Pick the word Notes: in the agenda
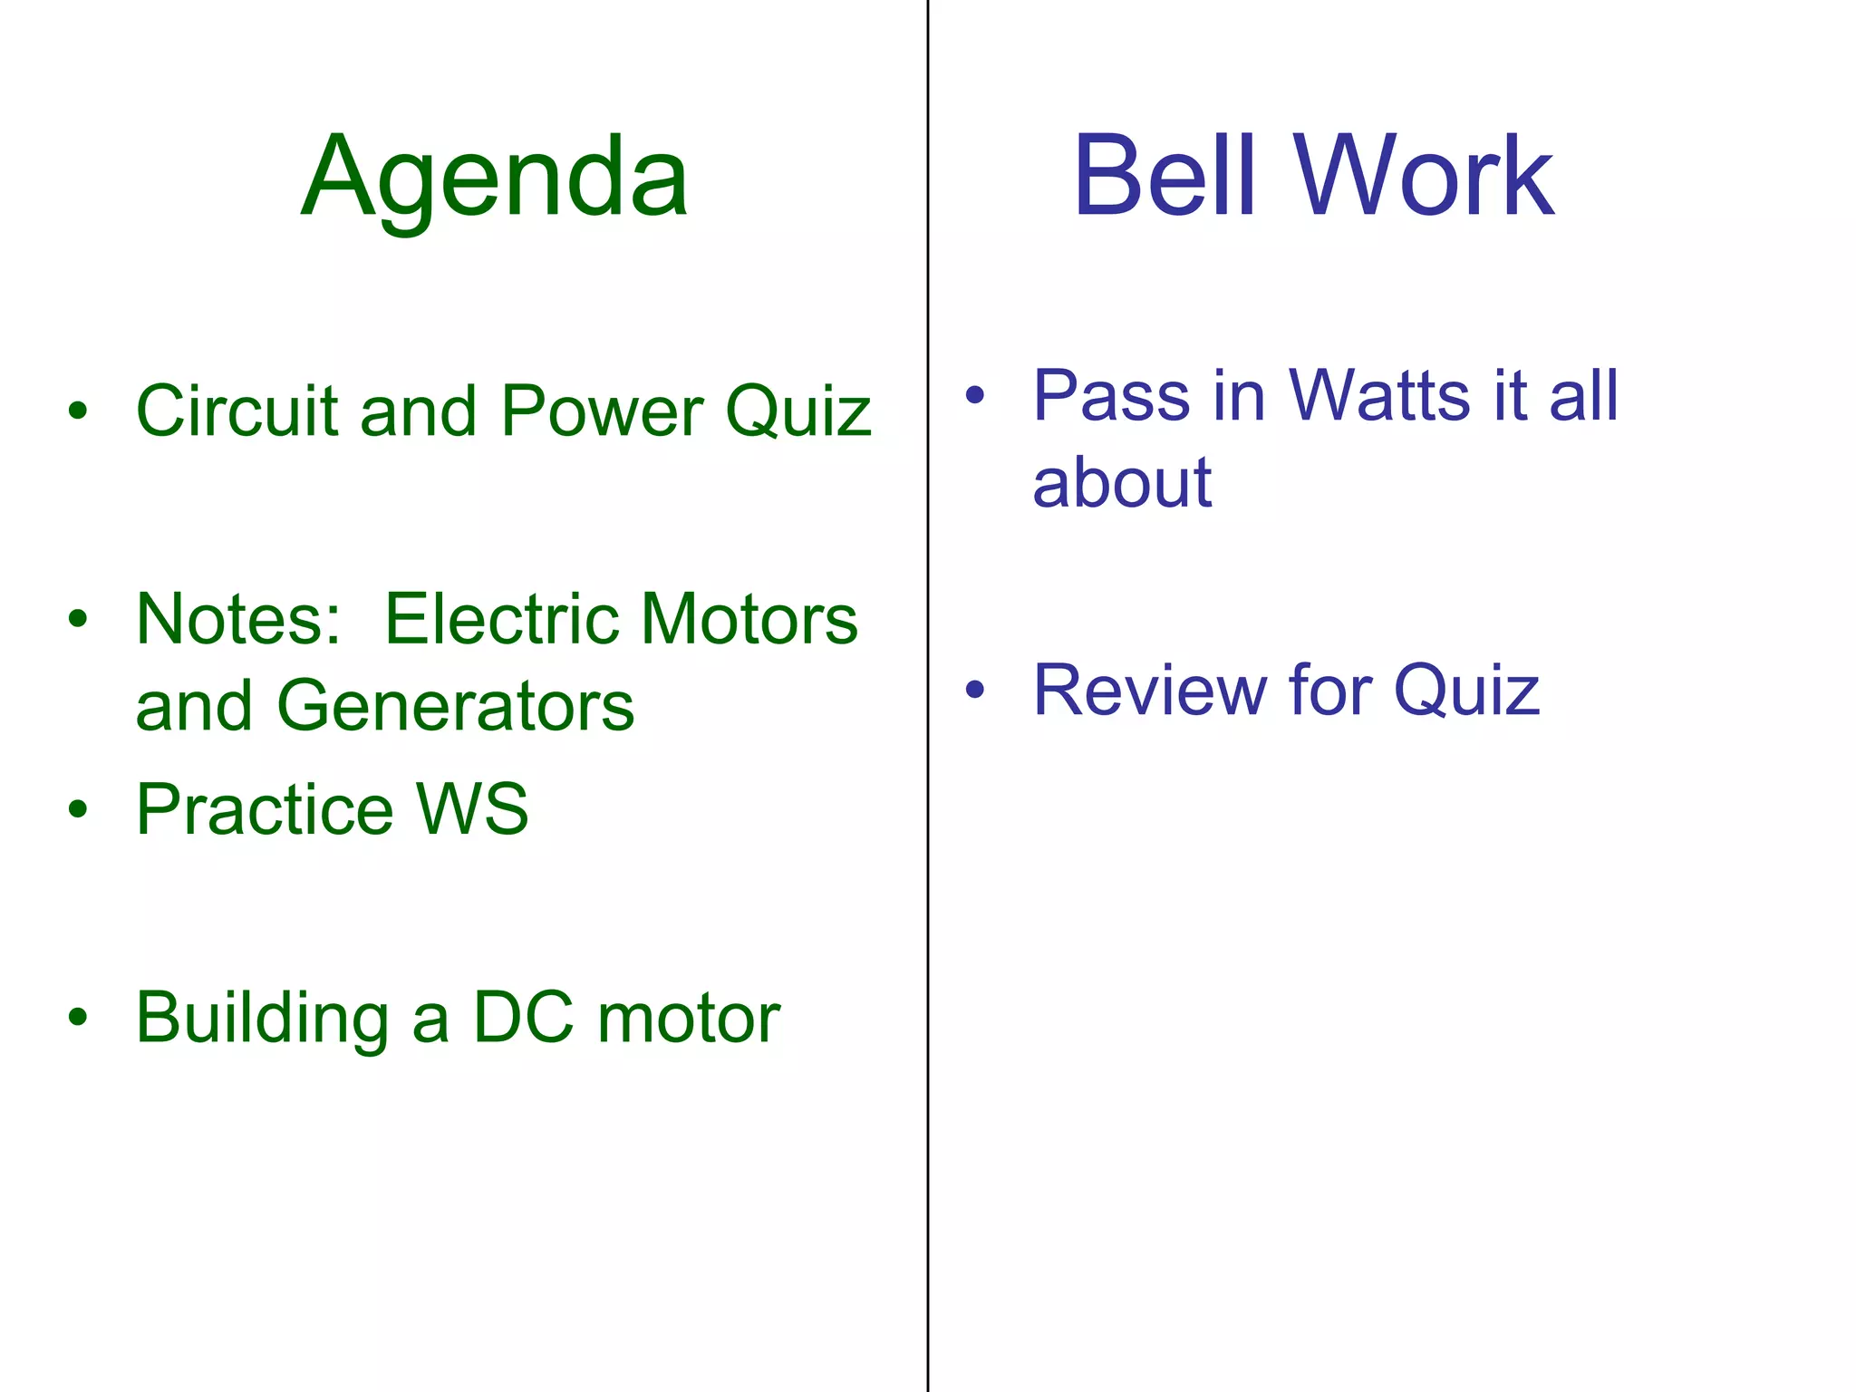(238, 619)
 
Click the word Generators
(456, 706)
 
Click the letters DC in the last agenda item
(523, 1017)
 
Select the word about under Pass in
(1122, 482)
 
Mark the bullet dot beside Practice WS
(79, 808)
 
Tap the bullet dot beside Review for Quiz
(975, 691)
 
